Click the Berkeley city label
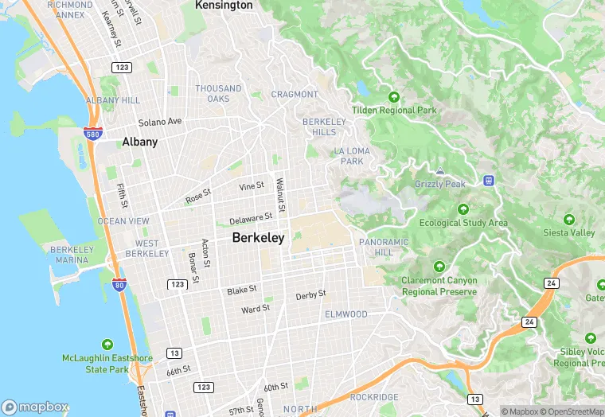pyautogui.click(x=258, y=237)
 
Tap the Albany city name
pyautogui.click(x=139, y=142)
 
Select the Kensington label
pyautogui.click(x=224, y=5)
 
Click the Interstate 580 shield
pyautogui.click(x=92, y=133)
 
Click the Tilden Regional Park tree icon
pyautogui.click(x=393, y=97)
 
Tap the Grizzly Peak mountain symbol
pyautogui.click(x=440, y=171)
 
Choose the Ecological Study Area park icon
pyautogui.click(x=463, y=209)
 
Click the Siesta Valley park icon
pyautogui.click(x=568, y=219)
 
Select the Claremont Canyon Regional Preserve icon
pyautogui.click(x=439, y=267)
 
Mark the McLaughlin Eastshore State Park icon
pyautogui.click(x=108, y=345)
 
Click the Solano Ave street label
pyautogui.click(x=160, y=122)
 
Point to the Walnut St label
pyautogui.click(x=280, y=199)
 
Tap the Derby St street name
pyautogui.click(x=310, y=295)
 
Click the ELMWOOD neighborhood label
pyautogui.click(x=346, y=314)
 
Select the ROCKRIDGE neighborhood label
pyautogui.click(x=373, y=396)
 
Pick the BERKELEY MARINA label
pyautogui.click(x=72, y=255)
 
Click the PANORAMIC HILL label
pyautogui.click(x=384, y=247)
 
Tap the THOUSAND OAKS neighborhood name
pyautogui.click(x=218, y=93)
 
